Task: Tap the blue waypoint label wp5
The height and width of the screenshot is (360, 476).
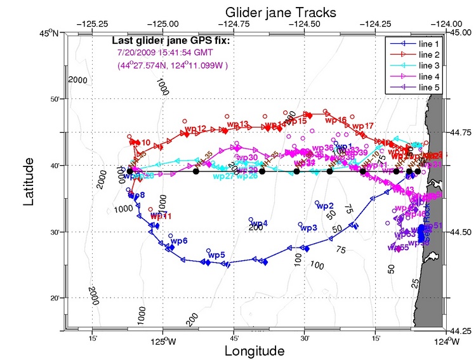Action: click(x=217, y=255)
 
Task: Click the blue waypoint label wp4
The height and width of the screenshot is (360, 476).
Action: click(x=259, y=223)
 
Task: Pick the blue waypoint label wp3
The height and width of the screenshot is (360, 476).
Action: click(x=308, y=228)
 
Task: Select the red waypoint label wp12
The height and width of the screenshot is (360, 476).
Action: click(x=195, y=129)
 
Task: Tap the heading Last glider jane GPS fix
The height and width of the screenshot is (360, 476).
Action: click(x=170, y=42)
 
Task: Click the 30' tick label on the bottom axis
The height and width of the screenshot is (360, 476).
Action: click(x=305, y=340)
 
